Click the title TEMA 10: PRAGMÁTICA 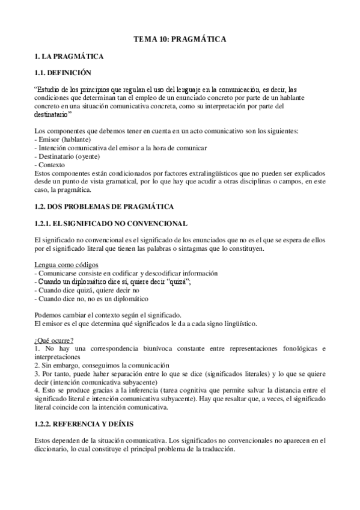[180, 39]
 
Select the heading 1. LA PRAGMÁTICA [69, 57]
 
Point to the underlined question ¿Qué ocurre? [54, 340]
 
